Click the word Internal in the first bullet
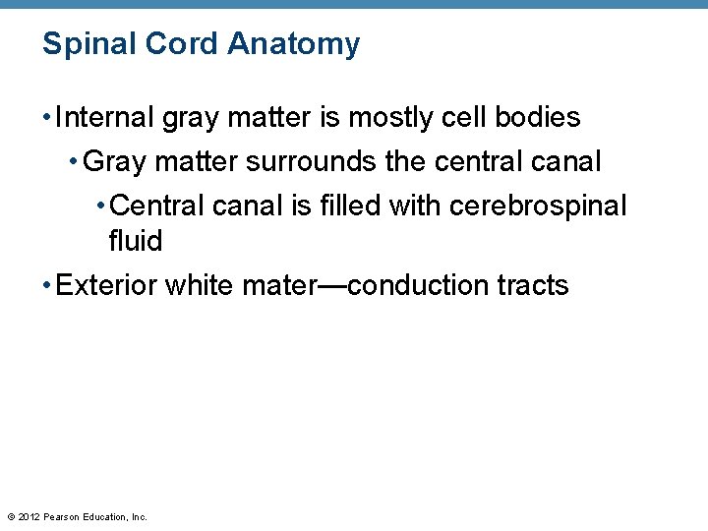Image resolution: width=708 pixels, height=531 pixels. [x=105, y=118]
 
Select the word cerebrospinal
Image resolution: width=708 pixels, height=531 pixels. [x=538, y=206]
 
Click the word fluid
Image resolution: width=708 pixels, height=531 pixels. [x=135, y=241]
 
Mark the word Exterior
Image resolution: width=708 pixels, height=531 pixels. [x=107, y=285]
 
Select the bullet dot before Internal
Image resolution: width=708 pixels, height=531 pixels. [x=47, y=119]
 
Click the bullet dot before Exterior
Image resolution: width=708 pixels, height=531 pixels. [x=47, y=286]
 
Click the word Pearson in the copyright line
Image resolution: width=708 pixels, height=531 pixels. [x=63, y=516]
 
